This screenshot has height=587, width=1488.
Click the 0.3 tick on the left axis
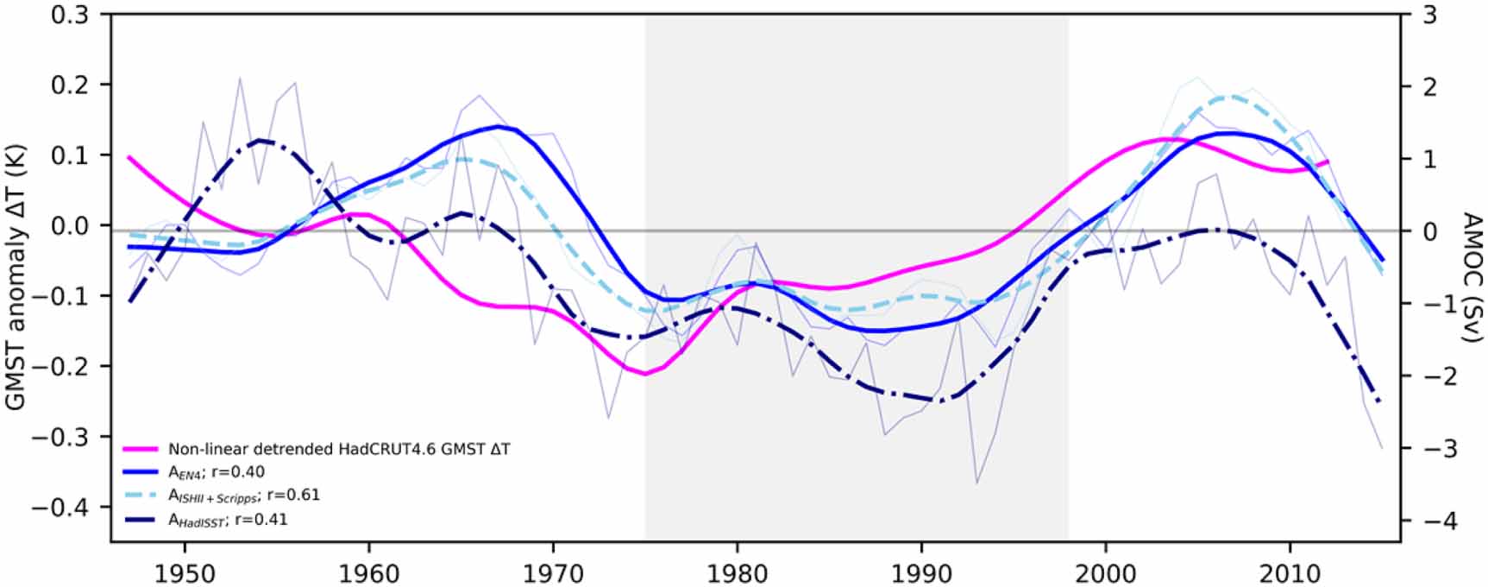click(x=70, y=15)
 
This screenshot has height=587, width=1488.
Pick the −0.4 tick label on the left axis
click(x=60, y=507)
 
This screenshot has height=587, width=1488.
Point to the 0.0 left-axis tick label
click(x=70, y=225)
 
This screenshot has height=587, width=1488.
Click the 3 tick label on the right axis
click(x=1429, y=15)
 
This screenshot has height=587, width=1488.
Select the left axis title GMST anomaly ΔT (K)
click(x=16, y=278)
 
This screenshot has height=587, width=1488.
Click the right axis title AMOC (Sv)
click(x=1472, y=278)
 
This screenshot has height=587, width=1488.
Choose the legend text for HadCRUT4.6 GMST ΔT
click(x=339, y=449)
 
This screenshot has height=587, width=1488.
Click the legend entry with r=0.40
click(x=216, y=472)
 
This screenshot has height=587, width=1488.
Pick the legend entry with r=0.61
click(x=243, y=495)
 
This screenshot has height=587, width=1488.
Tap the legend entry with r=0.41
click(x=228, y=520)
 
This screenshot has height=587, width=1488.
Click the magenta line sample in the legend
click(x=141, y=449)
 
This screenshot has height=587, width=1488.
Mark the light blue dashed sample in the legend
click(x=141, y=496)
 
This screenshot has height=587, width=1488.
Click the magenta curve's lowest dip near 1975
click(x=645, y=374)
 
